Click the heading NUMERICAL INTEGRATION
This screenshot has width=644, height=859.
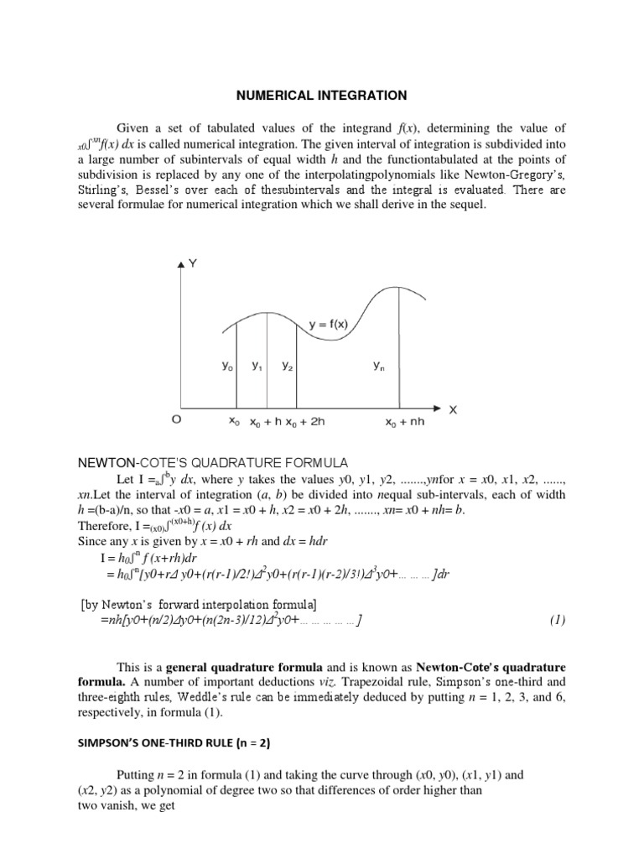tap(321, 96)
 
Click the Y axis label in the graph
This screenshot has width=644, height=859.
tap(194, 263)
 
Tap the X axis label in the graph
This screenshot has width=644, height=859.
tap(454, 409)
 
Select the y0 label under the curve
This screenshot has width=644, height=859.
tap(227, 366)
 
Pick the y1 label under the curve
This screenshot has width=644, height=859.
tap(256, 366)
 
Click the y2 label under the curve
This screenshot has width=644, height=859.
tap(287, 366)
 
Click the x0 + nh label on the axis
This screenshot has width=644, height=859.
tap(405, 422)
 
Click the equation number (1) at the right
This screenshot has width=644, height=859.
tap(558, 621)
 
